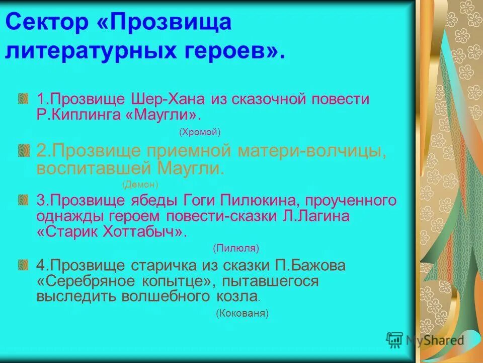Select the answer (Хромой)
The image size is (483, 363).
pyautogui.click(x=200, y=132)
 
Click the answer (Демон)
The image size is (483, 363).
pyautogui.click(x=140, y=184)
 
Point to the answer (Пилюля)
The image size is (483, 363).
pyautogui.click(x=236, y=248)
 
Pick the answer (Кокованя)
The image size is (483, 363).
pyautogui.click(x=243, y=313)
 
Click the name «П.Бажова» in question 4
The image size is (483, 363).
pyautogui.click(x=310, y=265)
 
